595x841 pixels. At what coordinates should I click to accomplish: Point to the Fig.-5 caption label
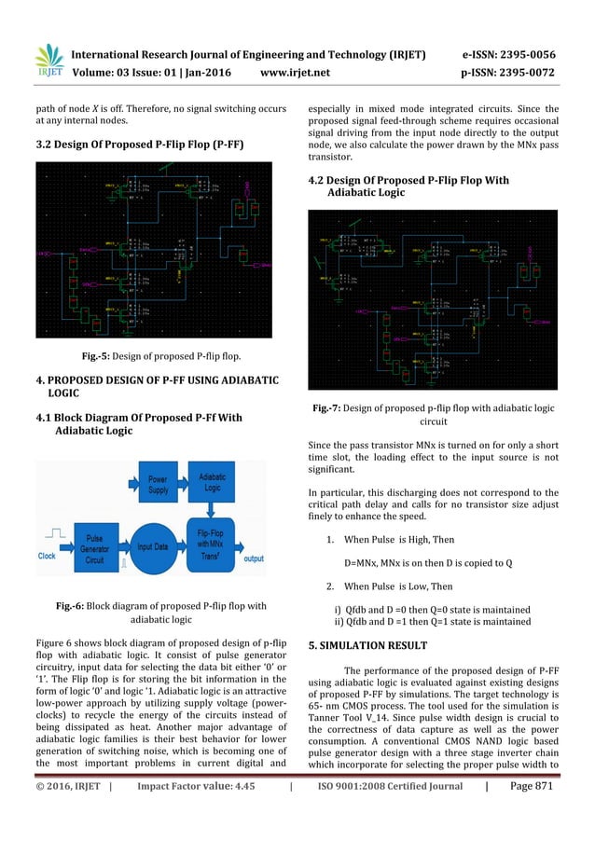(x=98, y=354)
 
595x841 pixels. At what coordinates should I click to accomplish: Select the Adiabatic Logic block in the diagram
(x=212, y=482)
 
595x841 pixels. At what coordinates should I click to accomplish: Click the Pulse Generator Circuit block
(x=95, y=545)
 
